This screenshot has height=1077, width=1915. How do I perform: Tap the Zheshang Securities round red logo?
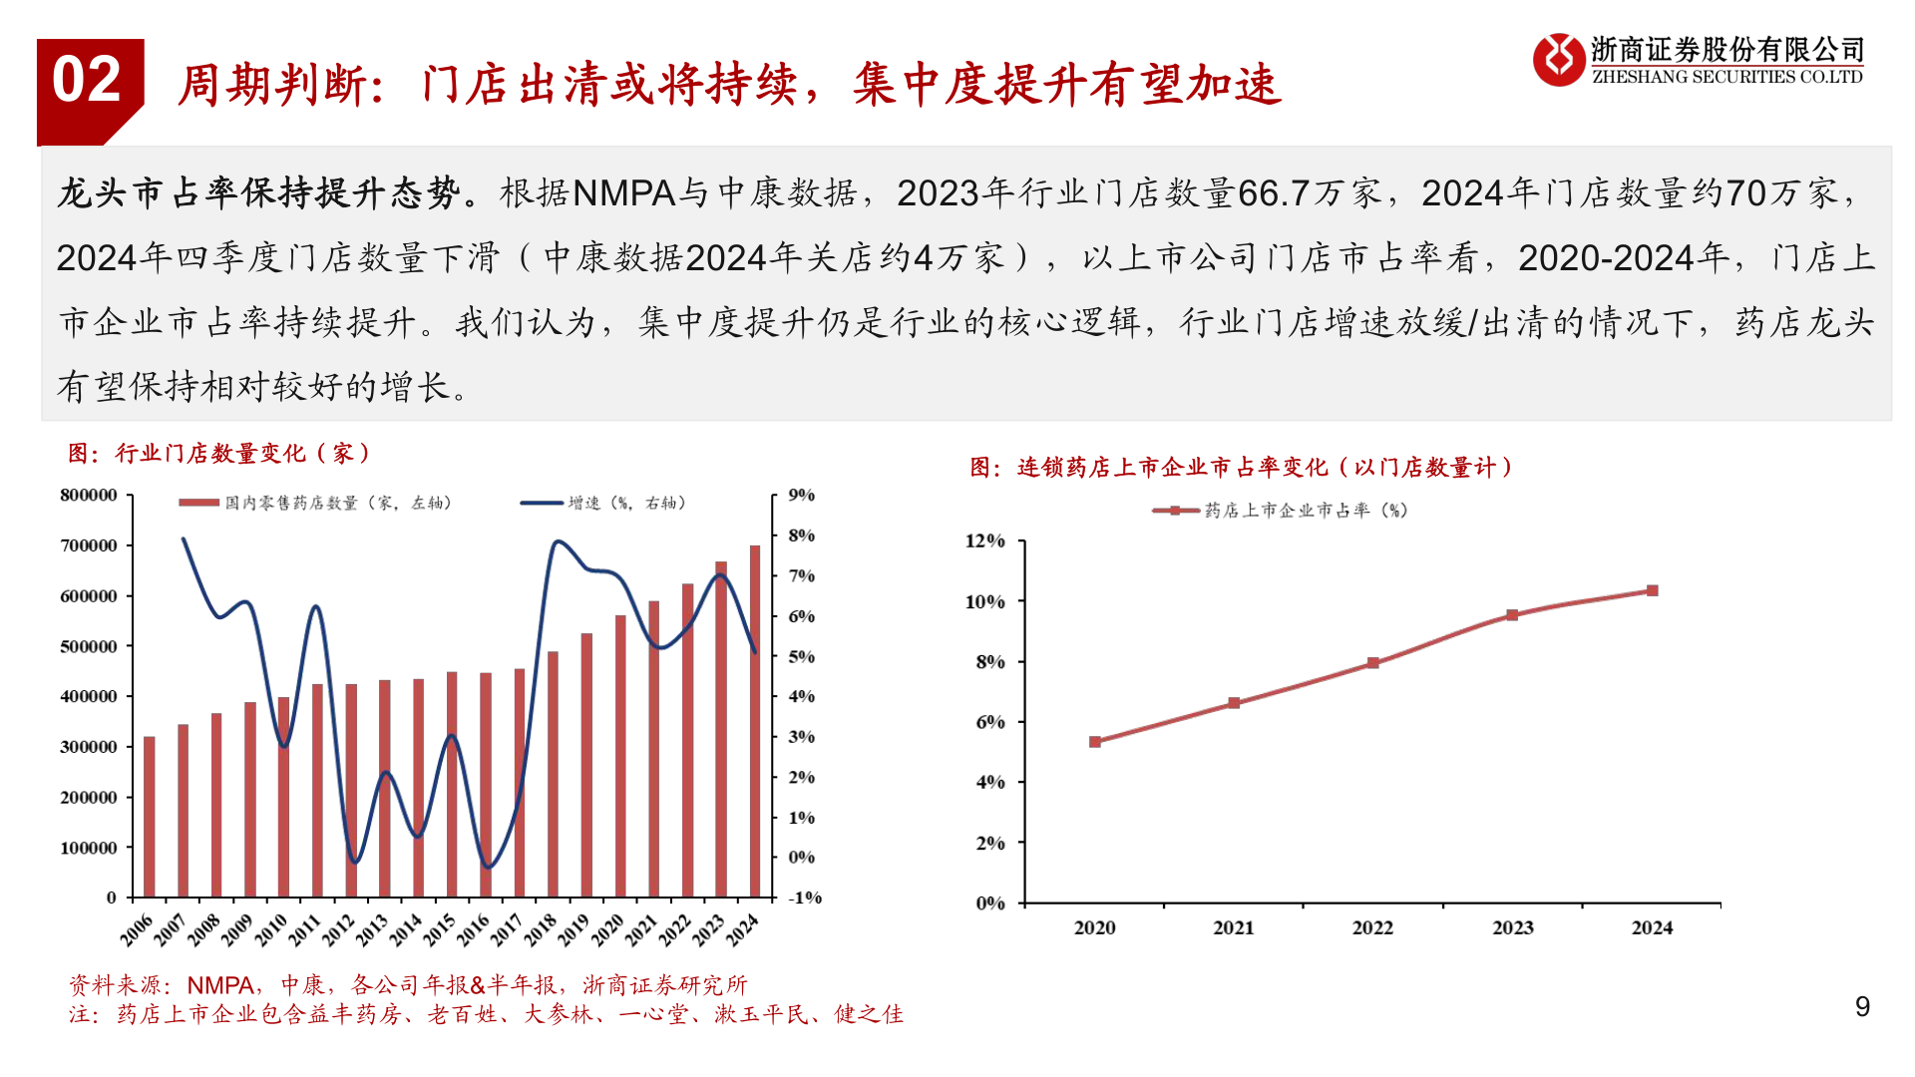click(1558, 60)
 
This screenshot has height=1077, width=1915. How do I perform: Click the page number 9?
click(1862, 1006)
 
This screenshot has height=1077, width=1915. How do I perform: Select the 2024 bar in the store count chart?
click(755, 720)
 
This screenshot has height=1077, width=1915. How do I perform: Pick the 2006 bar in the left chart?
click(150, 816)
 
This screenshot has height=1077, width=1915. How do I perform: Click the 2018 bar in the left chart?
click(553, 774)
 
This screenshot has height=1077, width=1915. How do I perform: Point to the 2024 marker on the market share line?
click(1652, 590)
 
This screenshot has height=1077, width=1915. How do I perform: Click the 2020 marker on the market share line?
click(1095, 742)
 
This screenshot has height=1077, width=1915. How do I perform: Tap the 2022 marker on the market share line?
click(1373, 663)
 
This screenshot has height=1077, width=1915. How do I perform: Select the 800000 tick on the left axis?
click(89, 496)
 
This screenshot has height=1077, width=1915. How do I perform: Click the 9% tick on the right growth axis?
click(801, 496)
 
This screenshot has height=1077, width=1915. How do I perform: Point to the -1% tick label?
click(804, 897)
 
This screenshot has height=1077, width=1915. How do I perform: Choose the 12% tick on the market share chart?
click(984, 541)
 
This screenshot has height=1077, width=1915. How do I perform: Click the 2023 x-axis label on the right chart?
click(1512, 927)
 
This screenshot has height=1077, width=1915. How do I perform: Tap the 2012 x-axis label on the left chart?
click(338, 930)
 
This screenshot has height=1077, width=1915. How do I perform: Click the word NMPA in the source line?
click(220, 985)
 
